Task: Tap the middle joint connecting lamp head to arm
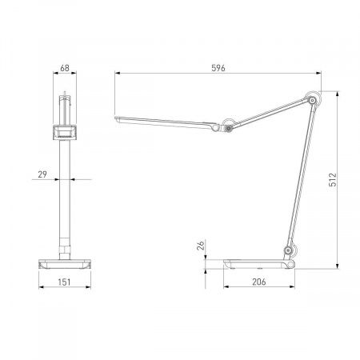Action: click(x=229, y=126)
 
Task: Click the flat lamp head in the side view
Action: click(x=164, y=122)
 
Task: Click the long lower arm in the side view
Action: click(x=298, y=176)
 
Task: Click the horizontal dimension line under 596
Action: click(x=218, y=75)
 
